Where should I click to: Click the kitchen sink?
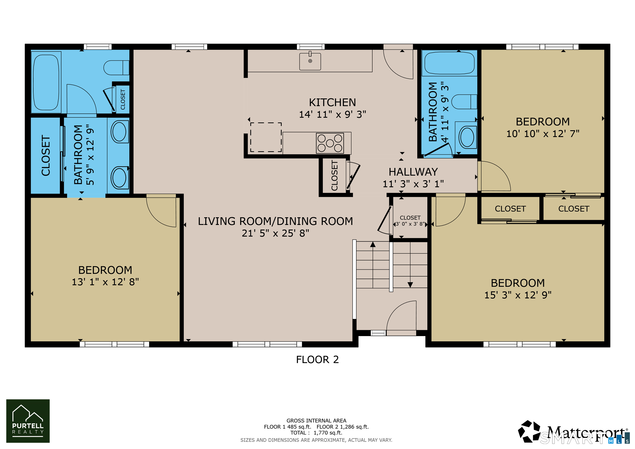[310, 61]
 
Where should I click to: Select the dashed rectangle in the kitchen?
[266, 137]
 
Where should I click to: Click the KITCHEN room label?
[332, 103]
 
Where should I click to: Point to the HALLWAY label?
[413, 172]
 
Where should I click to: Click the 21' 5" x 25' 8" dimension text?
[275, 233]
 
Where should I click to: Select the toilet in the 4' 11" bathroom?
[464, 102]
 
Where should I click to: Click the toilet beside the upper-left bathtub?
[116, 68]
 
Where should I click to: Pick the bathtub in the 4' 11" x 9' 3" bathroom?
[449, 63]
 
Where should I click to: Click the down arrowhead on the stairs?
[410, 285]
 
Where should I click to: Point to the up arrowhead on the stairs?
[373, 244]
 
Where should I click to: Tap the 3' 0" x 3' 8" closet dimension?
[410, 224]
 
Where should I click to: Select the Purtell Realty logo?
[28, 421]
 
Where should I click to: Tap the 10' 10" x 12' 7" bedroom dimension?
[543, 134]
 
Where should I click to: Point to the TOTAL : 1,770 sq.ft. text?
[316, 433]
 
